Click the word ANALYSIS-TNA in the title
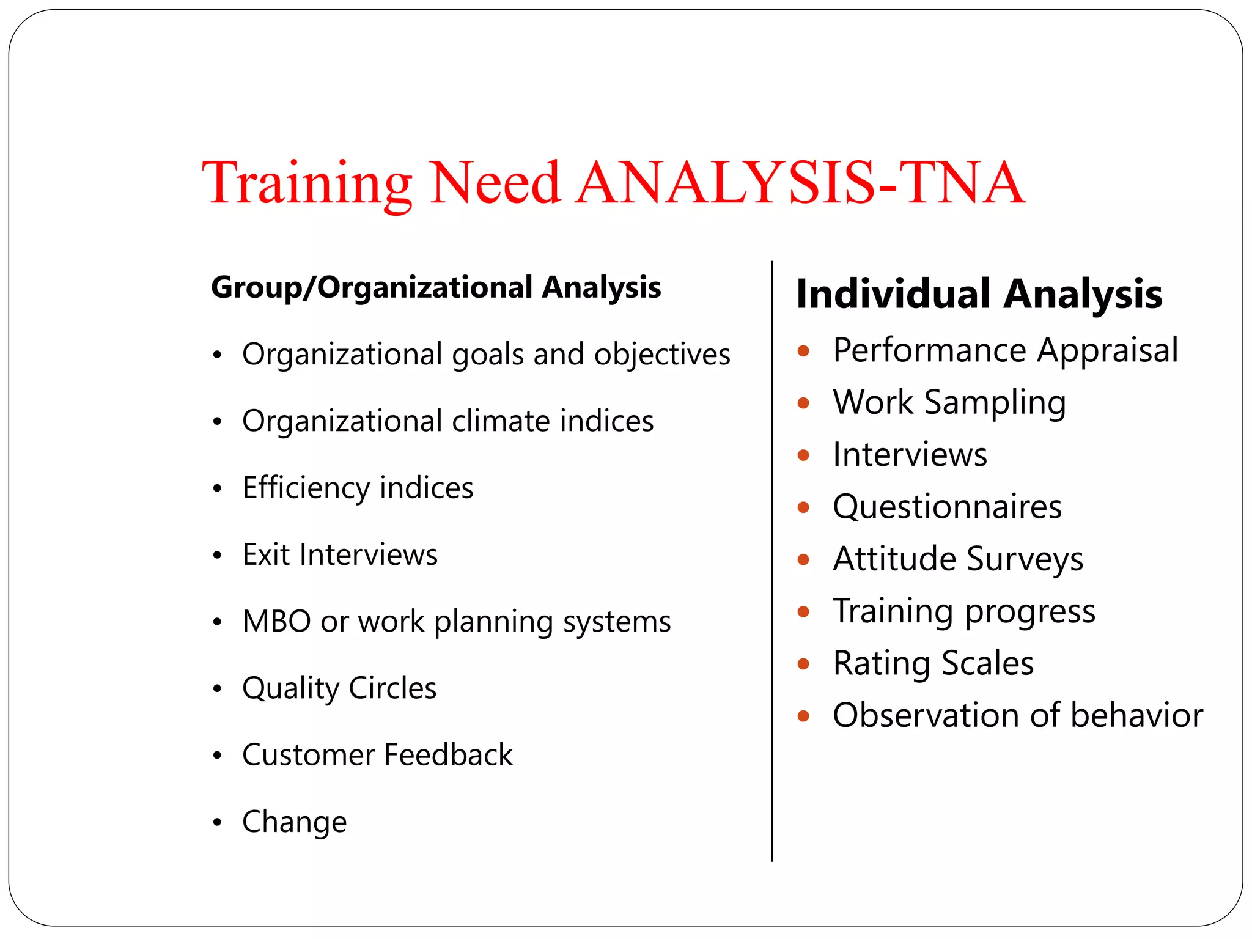[801, 183]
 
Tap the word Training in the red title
[307, 183]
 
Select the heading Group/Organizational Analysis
[435, 287]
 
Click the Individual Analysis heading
[979, 294]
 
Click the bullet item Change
[294, 822]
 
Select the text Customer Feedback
[377, 755]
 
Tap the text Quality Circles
[339, 688]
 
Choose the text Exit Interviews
[340, 554]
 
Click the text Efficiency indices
[358, 488]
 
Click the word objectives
[661, 355]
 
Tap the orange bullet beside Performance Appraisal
[803, 351]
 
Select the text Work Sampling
[949, 402]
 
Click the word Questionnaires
[947, 507]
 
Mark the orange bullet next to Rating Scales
[803, 664]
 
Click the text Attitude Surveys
[958, 559]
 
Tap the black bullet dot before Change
[217, 822]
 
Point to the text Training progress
[964, 611]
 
